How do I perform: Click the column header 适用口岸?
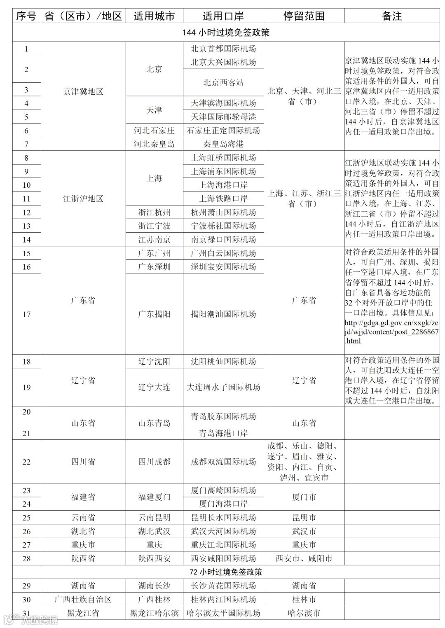point(223,16)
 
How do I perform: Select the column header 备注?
point(392,16)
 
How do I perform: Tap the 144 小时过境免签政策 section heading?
point(226,33)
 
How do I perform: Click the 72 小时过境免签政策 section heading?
point(226,572)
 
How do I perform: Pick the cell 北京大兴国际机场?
point(223,62)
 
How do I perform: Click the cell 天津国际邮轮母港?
point(223,117)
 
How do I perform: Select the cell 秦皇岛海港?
point(223,144)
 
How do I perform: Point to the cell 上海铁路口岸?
point(223,198)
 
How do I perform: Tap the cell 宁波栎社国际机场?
point(223,226)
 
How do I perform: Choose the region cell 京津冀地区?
point(83,91)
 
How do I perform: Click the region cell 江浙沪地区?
point(83,198)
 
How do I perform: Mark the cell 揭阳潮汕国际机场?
point(223,314)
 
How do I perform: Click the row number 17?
point(26,314)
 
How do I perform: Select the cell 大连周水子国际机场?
point(223,387)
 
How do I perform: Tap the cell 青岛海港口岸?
point(223,433)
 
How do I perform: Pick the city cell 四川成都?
point(154,462)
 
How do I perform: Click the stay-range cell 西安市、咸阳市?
point(304,558)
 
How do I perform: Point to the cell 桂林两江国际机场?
point(223,599)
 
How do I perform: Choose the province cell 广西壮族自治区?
point(83,599)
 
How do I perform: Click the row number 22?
point(26,462)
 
